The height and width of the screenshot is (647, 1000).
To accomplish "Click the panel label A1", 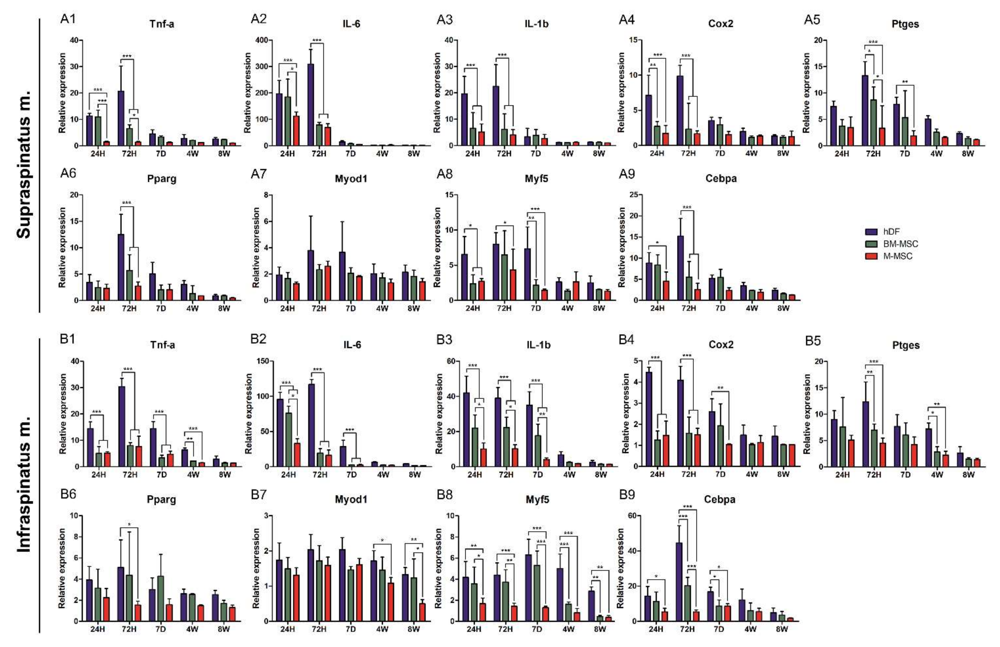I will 68,20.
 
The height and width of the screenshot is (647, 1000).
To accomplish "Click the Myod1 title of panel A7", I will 351,179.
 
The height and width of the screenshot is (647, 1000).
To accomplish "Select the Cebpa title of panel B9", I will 720,500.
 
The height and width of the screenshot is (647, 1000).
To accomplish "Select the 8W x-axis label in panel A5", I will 968,154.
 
